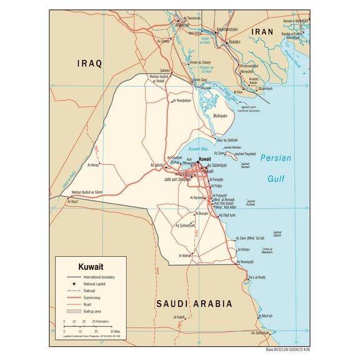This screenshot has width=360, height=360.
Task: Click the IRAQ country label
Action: [x=89, y=64]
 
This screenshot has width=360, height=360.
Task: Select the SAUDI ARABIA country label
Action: [x=193, y=304]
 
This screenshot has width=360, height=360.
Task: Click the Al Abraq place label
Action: [x=91, y=165]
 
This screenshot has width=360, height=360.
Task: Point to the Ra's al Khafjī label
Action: [x=257, y=277]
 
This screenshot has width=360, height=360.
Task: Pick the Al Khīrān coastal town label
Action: [x=249, y=250]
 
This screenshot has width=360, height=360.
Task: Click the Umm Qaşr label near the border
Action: [x=199, y=80]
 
